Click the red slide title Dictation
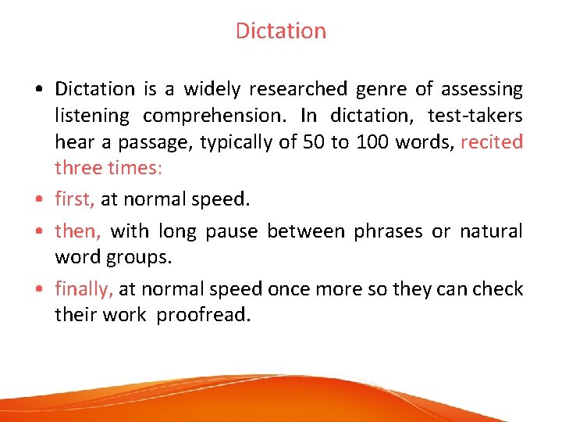(280, 31)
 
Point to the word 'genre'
(381, 90)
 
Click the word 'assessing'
(482, 90)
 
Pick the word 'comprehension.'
(215, 116)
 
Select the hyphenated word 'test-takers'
(475, 116)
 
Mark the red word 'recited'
(492, 142)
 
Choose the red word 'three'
(76, 168)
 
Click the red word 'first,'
(75, 199)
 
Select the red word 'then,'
(76, 231)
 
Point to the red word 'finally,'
(84, 289)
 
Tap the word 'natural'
(491, 231)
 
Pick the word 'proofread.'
(204, 315)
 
